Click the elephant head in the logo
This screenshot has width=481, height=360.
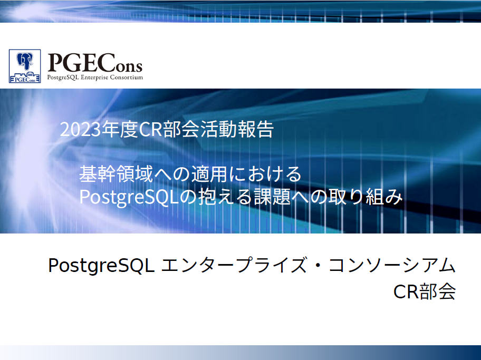[25, 61]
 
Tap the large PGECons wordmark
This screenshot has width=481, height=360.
[95, 63]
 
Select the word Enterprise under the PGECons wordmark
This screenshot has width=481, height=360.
[94, 77]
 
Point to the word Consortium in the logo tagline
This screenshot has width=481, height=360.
[127, 77]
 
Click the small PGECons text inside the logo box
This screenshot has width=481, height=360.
[25, 80]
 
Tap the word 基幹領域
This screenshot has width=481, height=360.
[116, 174]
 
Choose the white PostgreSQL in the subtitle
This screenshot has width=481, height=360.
[129, 197]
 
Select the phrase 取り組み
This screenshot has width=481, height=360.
[365, 197]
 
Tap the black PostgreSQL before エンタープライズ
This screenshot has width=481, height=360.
[101, 266]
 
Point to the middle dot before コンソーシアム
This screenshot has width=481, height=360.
[318, 265]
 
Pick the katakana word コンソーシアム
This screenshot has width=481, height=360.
[392, 265]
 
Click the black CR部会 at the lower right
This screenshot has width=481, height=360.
[425, 291]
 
